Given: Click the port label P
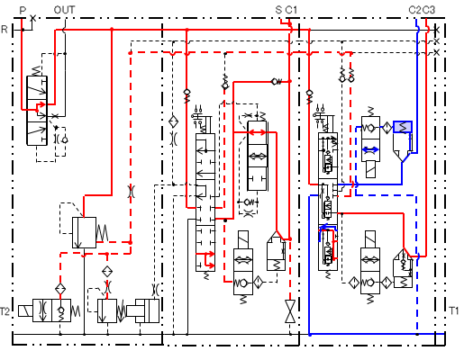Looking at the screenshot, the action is (x=23, y=10).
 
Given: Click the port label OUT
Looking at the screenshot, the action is (x=64, y=10).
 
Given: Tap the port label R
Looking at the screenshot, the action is (x=5, y=30).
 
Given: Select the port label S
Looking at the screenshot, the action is (x=278, y=10).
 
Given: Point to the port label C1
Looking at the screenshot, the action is (x=291, y=10).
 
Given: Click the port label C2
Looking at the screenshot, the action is (x=414, y=10).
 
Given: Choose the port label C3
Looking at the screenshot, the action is (x=429, y=10).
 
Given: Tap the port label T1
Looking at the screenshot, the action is (x=454, y=310).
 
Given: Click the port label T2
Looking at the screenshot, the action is (x=5, y=311).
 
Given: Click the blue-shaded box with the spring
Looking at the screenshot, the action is (x=403, y=127).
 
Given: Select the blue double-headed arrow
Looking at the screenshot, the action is (x=370, y=149).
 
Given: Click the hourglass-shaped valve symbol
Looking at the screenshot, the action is (x=290, y=311).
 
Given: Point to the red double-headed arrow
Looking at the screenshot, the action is (x=258, y=132).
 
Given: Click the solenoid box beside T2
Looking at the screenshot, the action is (x=25, y=310).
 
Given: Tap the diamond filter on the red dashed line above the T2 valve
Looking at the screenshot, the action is (x=60, y=289).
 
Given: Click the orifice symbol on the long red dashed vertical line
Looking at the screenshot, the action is (x=131, y=191).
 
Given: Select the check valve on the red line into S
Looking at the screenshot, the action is (x=277, y=82).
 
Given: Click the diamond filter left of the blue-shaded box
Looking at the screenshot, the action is (x=387, y=128).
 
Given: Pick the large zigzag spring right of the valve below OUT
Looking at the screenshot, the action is (x=102, y=233).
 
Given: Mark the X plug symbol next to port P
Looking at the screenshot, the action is (x=33, y=19).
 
